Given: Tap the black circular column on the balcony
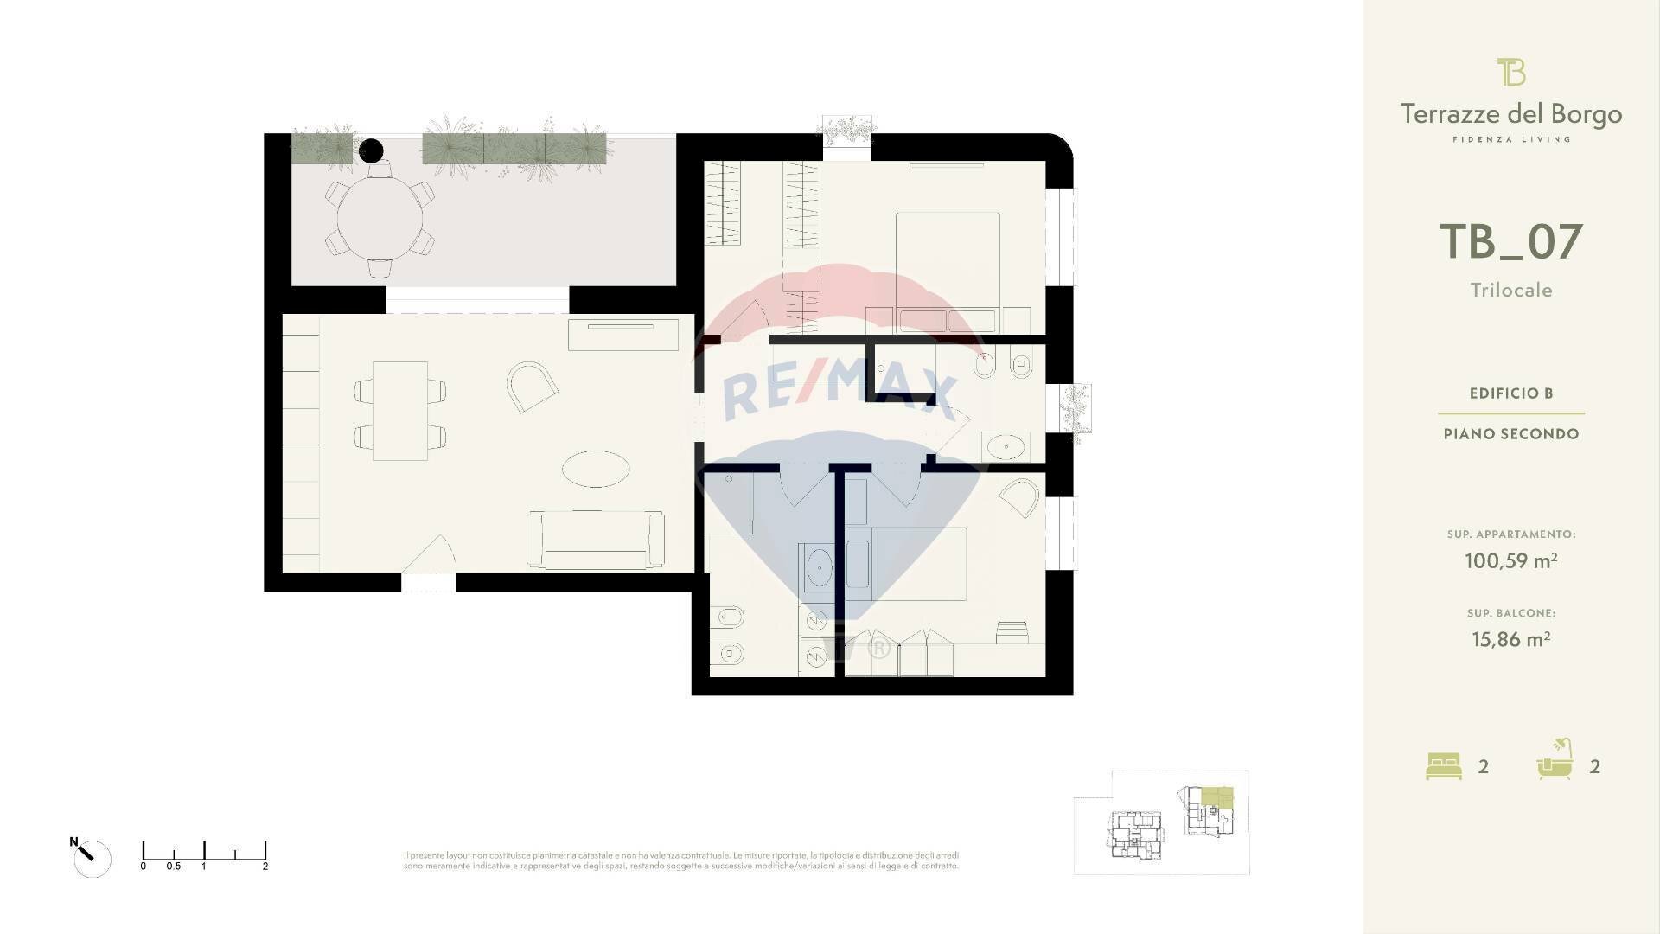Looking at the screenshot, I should [x=371, y=151].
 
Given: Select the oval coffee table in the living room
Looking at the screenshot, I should [x=596, y=469].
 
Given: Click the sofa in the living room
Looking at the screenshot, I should [x=596, y=540].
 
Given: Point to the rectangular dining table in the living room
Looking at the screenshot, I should [x=400, y=411].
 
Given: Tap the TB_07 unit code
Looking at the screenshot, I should [x=1510, y=242].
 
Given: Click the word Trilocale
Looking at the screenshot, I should [x=1511, y=291].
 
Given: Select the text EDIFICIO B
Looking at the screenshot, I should [x=1511, y=393].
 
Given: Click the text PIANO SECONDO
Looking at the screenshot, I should [x=1511, y=434].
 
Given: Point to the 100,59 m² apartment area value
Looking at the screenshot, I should [x=1510, y=560].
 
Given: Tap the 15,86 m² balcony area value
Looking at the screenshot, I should [x=1510, y=639].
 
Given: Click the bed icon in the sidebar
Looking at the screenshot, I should [x=1443, y=766].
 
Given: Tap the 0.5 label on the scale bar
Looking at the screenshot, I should [x=173, y=866].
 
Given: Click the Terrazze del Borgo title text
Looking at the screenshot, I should [x=1510, y=114].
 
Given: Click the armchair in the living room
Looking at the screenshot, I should [x=531, y=386].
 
